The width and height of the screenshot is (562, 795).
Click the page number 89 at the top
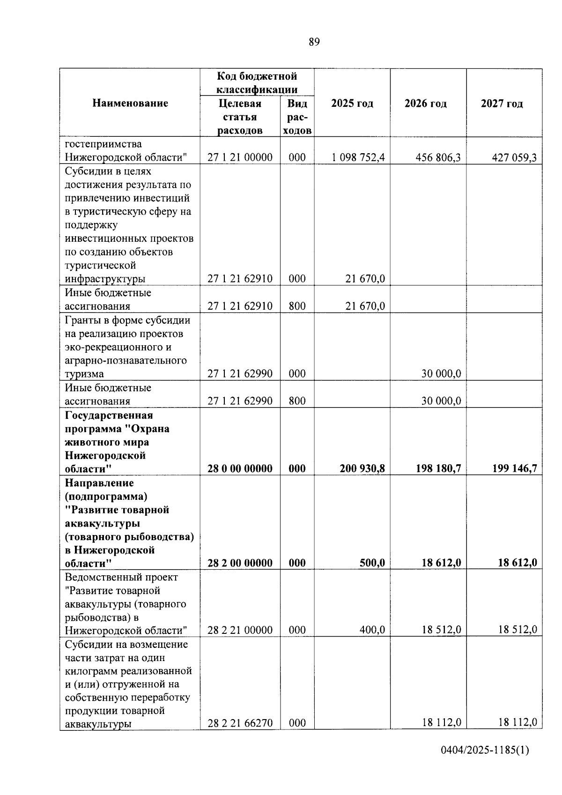click(314, 42)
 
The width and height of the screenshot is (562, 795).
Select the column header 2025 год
click(352, 104)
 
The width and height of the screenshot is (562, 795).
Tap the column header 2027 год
click(502, 104)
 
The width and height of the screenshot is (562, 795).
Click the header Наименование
click(130, 104)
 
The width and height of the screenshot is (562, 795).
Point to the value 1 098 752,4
click(358, 157)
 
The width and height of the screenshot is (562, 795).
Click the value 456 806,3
click(438, 157)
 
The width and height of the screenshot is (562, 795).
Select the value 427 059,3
click(514, 157)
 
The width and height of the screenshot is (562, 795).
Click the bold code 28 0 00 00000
click(240, 468)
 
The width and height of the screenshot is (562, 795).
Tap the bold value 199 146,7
click(514, 468)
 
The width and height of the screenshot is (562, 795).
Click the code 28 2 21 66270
click(240, 723)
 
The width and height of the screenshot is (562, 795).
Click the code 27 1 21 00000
click(240, 157)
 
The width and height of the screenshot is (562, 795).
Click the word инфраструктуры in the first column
click(105, 279)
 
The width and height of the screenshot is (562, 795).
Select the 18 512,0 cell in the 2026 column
click(441, 630)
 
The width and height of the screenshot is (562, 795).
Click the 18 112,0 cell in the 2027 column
click(518, 723)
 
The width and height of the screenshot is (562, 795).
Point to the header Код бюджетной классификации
click(257, 82)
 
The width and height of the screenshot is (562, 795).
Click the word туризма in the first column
click(84, 374)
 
